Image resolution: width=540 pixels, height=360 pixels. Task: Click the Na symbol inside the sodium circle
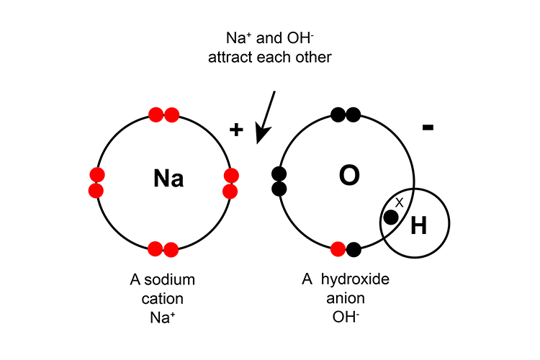[x=168, y=179]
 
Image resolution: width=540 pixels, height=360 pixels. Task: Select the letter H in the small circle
[x=418, y=227]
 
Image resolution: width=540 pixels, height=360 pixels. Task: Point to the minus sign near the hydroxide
[x=428, y=127]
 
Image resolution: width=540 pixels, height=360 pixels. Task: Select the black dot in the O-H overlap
[x=391, y=217]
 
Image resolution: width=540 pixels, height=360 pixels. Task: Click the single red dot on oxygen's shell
[x=338, y=250]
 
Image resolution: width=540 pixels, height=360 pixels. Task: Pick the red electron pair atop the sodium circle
[x=164, y=114]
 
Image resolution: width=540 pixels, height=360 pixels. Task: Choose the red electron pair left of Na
[x=97, y=182]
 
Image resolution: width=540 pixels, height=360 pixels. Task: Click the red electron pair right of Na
[x=231, y=183]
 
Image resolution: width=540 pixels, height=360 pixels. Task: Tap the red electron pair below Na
[x=163, y=250]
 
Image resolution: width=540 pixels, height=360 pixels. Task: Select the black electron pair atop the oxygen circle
[x=345, y=114]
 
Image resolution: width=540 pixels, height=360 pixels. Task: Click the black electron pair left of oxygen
[x=279, y=181]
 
